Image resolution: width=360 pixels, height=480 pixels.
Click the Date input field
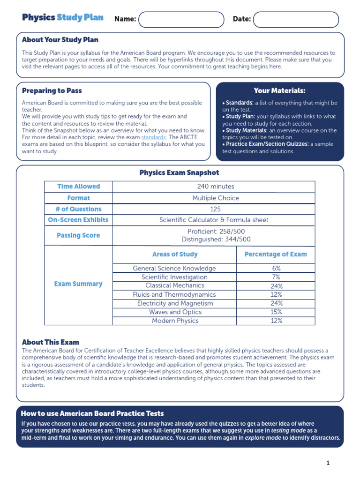pyautogui.click(x=295, y=20)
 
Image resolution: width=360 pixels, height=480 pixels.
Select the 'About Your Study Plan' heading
pyautogui.click(x=60, y=40)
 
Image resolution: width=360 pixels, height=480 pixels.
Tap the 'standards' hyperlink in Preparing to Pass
pyautogui.click(x=153, y=137)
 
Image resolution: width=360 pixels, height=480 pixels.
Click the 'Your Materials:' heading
pyautogui.click(x=279, y=90)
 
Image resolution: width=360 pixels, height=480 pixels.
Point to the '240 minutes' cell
pyautogui.click(x=216, y=187)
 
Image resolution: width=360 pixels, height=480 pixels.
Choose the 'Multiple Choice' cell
pyautogui.click(x=216, y=198)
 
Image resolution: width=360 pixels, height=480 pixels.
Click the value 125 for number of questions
pyautogui.click(x=216, y=209)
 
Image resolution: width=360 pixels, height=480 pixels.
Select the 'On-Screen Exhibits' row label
pyautogui.click(x=78, y=220)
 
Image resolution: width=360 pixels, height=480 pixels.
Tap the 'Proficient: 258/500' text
pyautogui.click(x=216, y=232)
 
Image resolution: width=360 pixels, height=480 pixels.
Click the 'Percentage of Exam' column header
pyautogui.click(x=276, y=255)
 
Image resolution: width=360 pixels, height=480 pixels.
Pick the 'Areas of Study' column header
pyautogui.click(x=175, y=255)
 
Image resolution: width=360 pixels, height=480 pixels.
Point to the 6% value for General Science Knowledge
pyautogui.click(x=276, y=269)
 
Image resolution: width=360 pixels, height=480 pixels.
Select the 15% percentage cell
pyautogui.click(x=276, y=312)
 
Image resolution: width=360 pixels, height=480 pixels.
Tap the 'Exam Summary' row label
pyautogui.click(x=78, y=284)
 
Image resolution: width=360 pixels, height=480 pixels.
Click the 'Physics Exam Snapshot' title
pyautogui.click(x=179, y=173)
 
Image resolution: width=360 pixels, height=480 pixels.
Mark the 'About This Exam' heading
pyautogui.click(x=51, y=342)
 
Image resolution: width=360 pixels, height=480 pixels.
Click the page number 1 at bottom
pyautogui.click(x=328, y=463)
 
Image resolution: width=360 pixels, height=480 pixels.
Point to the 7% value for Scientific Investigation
pyautogui.click(x=276, y=277)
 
